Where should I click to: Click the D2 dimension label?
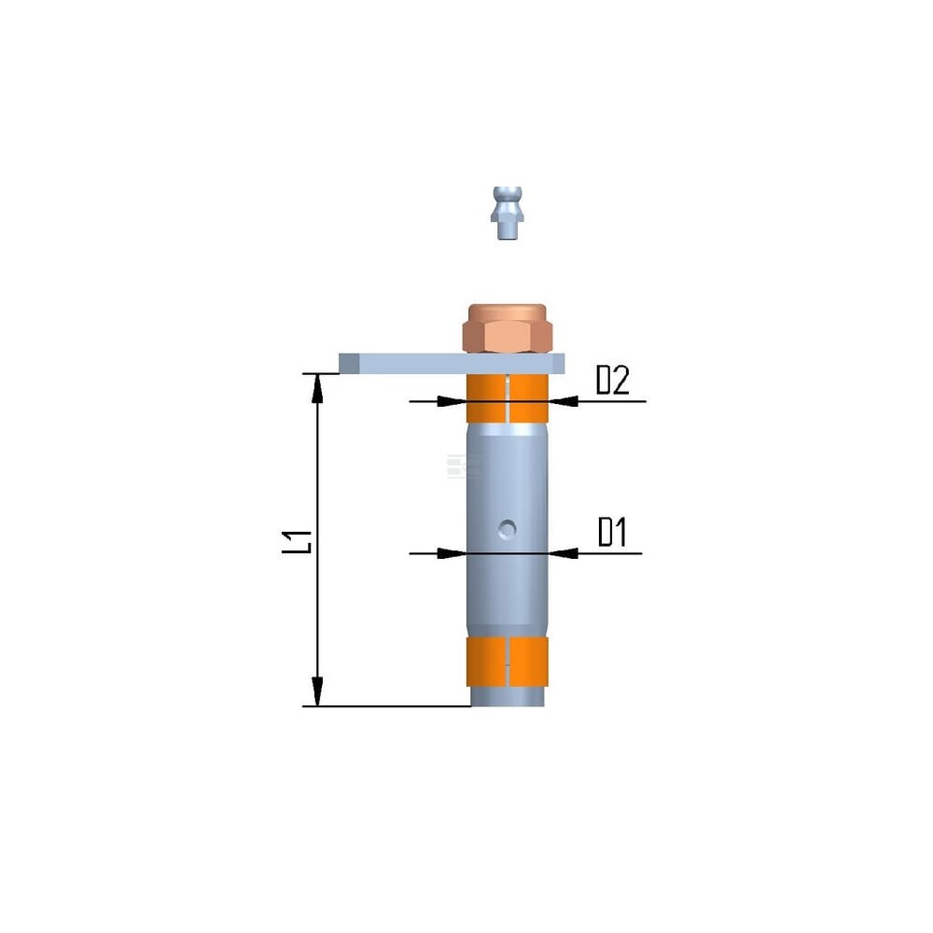[613, 380]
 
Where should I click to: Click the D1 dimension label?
[612, 532]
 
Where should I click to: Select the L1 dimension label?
[297, 542]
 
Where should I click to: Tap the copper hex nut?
[508, 328]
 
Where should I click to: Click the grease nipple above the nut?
[508, 213]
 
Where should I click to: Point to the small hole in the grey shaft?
[507, 528]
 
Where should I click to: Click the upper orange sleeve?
[507, 398]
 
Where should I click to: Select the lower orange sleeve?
[507, 661]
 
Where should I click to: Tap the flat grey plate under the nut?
[452, 364]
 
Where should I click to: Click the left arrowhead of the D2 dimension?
[453, 401]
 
